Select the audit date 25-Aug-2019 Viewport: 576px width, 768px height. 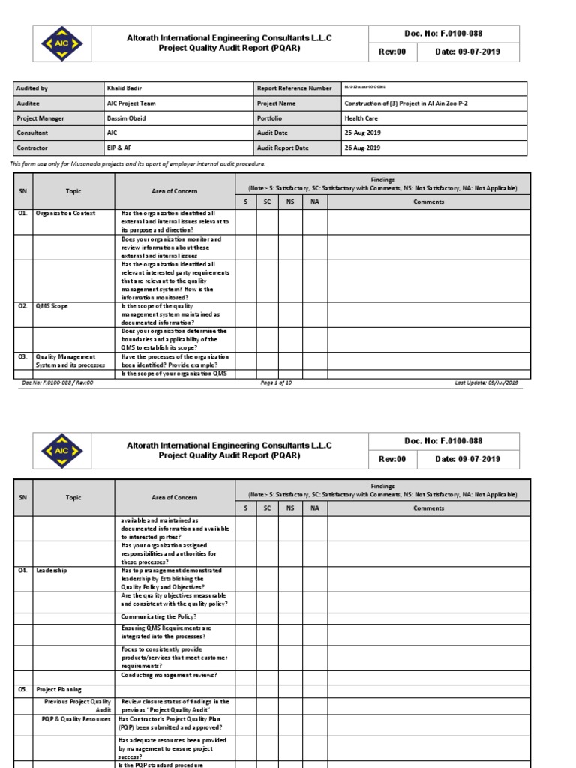[x=362, y=133]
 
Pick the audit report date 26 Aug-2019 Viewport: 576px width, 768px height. [x=362, y=148]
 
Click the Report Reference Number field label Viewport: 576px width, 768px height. [x=294, y=88]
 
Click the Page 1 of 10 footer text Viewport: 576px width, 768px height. [x=276, y=382]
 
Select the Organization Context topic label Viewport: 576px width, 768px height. [x=66, y=214]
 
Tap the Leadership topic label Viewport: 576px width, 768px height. [x=52, y=571]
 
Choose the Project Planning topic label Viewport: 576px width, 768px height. [x=59, y=689]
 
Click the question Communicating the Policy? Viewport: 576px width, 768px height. [x=159, y=616]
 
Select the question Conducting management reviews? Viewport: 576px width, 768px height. [x=169, y=675]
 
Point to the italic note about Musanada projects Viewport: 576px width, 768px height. [x=137, y=163]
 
